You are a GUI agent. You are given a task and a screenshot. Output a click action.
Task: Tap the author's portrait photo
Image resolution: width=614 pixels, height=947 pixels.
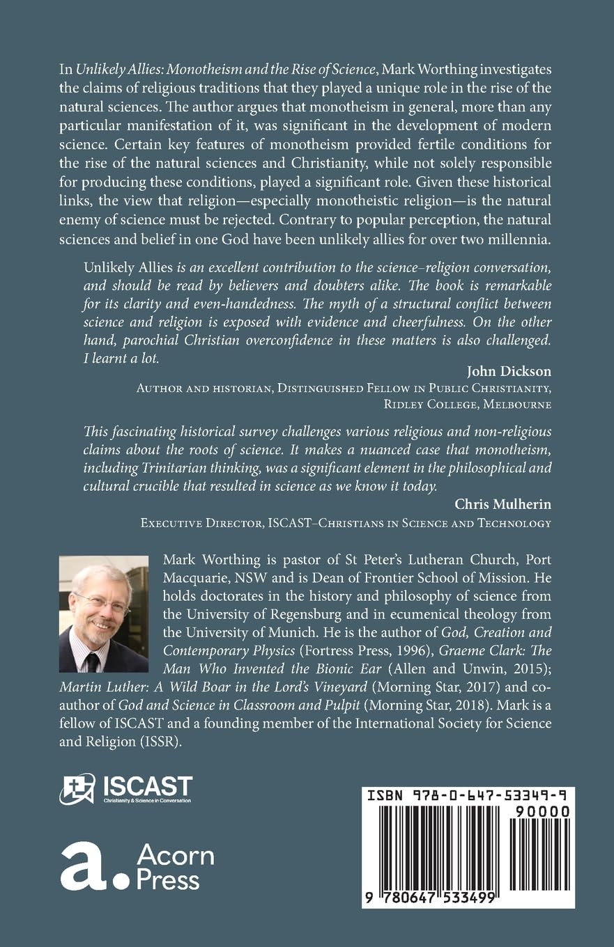[x=104, y=613]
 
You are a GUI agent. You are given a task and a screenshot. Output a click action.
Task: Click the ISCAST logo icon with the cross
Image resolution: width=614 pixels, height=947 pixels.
[x=77, y=788]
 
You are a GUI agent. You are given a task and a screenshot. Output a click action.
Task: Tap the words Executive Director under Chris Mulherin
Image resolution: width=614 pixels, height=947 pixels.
[x=206, y=522]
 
